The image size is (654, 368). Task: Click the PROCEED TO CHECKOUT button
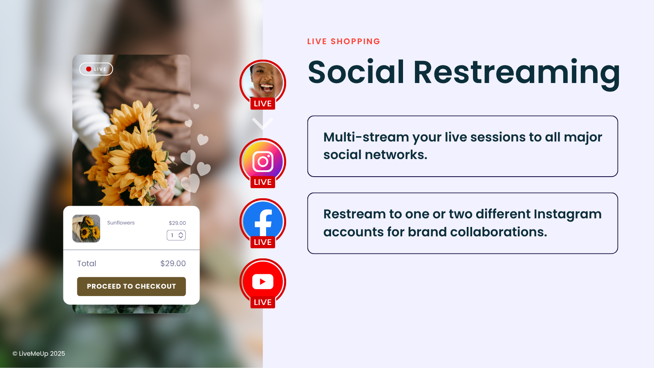[x=131, y=286]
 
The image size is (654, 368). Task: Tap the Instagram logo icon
[x=263, y=161]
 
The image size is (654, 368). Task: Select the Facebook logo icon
[x=263, y=221]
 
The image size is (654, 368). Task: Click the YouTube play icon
[x=263, y=282]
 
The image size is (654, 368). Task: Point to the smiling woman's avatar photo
[x=263, y=82]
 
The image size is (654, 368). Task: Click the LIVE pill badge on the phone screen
[x=96, y=69]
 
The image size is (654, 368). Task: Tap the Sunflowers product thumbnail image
[x=86, y=229]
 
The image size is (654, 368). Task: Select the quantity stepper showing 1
[x=176, y=235]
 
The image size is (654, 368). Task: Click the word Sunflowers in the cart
[x=121, y=222]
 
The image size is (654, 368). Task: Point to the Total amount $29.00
[x=173, y=263]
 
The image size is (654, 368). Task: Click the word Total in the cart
[x=87, y=263]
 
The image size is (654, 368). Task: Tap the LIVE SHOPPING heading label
[x=344, y=41]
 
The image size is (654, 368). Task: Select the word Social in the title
[x=356, y=72]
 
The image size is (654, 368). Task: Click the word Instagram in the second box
[x=568, y=214]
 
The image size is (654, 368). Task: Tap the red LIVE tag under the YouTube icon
[x=263, y=302]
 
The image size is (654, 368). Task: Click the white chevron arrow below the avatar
[x=263, y=123]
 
